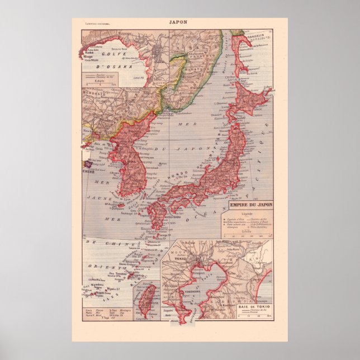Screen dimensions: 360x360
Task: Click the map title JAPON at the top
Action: (x=179, y=23)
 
